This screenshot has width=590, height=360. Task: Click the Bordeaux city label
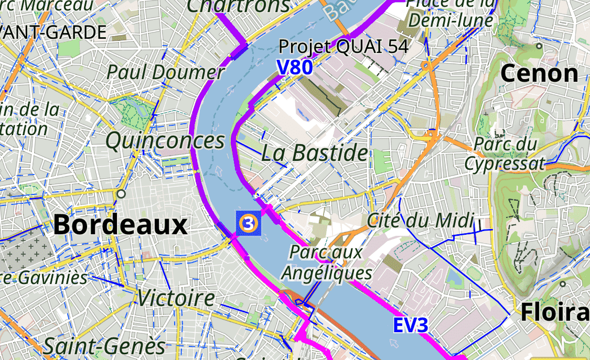click(x=120, y=225)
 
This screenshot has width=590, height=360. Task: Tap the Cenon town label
click(x=540, y=73)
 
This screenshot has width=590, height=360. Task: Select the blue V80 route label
click(x=295, y=67)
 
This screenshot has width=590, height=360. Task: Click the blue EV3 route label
click(x=411, y=325)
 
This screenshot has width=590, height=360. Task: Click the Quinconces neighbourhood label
click(x=165, y=141)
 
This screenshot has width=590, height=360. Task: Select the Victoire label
click(x=176, y=298)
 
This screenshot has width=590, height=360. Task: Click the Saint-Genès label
click(x=104, y=346)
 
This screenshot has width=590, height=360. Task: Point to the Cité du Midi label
click(x=420, y=221)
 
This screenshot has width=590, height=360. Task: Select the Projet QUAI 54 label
click(x=344, y=47)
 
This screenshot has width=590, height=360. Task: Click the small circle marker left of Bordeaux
click(x=122, y=194)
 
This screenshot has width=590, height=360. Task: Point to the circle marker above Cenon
click(x=539, y=46)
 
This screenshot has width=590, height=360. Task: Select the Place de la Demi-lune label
click(x=451, y=13)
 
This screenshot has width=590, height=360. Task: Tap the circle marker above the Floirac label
click(x=562, y=284)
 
